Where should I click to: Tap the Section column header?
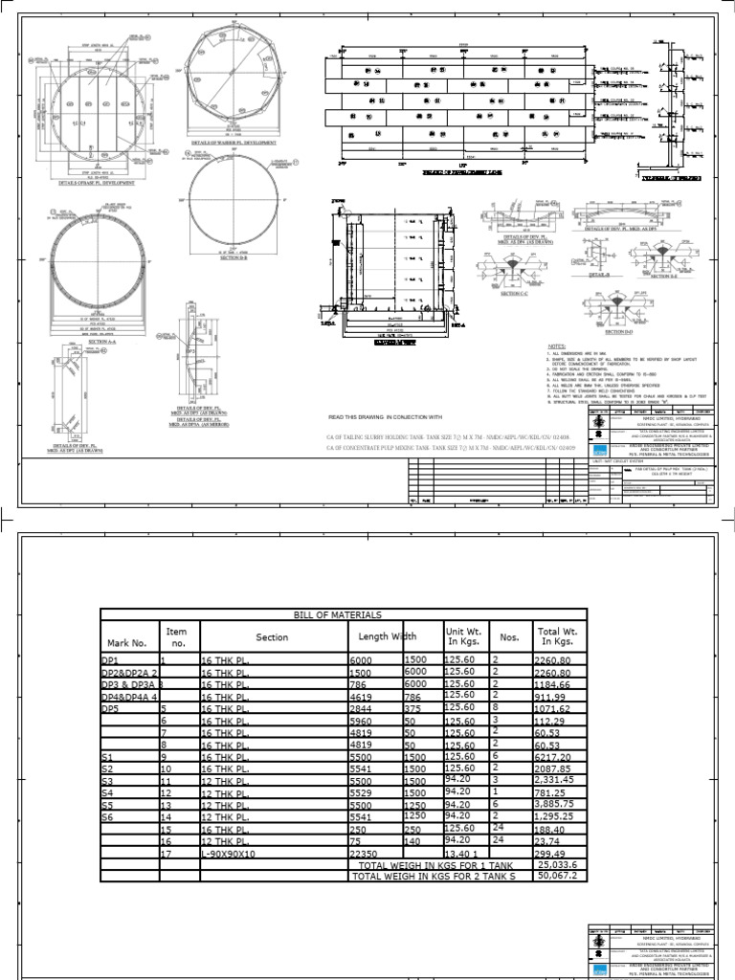pos(272,637)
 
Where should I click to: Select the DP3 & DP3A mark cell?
pos(127,686)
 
